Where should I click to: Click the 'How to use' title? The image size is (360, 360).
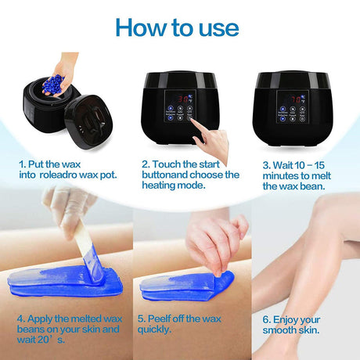(x=177, y=27)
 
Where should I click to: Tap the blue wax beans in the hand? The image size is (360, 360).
(x=54, y=84)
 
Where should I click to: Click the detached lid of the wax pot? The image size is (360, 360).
(x=88, y=121)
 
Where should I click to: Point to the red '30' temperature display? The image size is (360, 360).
(x=183, y=99)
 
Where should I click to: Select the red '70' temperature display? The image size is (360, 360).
(x=296, y=99)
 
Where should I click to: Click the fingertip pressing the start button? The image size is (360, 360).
(x=193, y=121)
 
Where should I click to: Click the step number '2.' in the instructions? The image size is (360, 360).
(x=146, y=164)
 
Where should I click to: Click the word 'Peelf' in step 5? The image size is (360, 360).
(x=158, y=319)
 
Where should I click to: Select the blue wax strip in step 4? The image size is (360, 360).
(x=65, y=281)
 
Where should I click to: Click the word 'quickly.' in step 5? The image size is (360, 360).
(x=154, y=329)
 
